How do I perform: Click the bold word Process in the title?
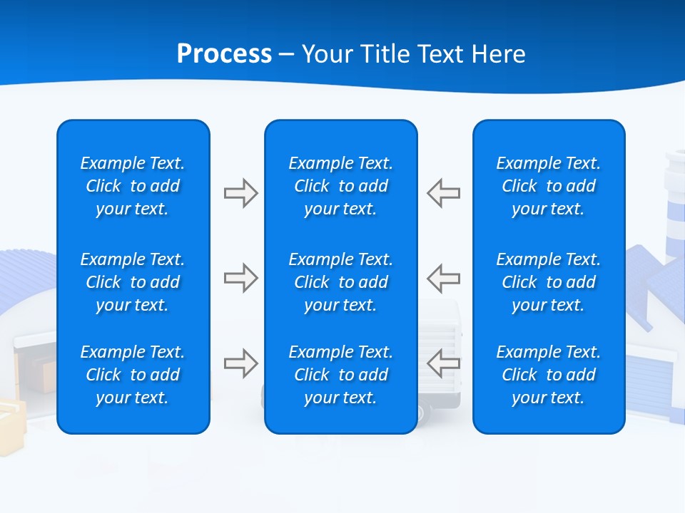(x=224, y=54)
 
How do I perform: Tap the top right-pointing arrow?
(x=240, y=193)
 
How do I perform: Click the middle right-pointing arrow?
(x=240, y=278)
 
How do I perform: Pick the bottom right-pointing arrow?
(x=240, y=363)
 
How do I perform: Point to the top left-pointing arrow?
(x=444, y=193)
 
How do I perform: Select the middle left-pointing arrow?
(x=444, y=278)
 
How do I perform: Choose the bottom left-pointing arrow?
(x=444, y=363)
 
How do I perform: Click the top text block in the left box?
(x=133, y=186)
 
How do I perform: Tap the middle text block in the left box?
(x=133, y=282)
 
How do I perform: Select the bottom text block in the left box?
(x=133, y=375)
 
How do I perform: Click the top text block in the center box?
(x=340, y=186)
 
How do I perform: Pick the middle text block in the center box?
(x=340, y=282)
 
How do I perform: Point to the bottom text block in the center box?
(x=340, y=375)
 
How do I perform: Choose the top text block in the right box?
(x=548, y=186)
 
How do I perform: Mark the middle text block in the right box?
(x=548, y=282)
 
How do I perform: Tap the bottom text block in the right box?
(x=548, y=375)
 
